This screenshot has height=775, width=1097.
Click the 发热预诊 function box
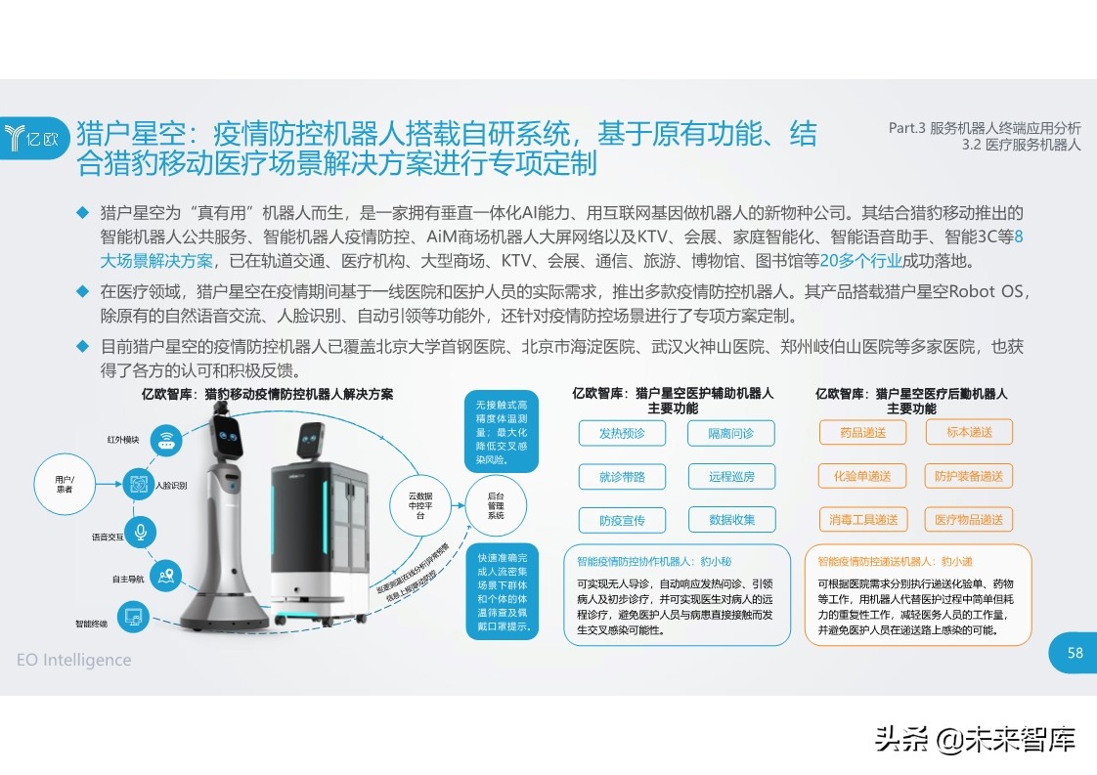point(622,433)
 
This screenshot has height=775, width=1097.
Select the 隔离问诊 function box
point(732,433)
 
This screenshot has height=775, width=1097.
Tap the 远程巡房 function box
point(732,477)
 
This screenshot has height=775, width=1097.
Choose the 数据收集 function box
point(732,520)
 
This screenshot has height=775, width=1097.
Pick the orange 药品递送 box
point(862,432)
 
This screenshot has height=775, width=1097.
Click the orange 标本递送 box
point(968,432)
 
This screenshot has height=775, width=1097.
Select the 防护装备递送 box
point(968,476)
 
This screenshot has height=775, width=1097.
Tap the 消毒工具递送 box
point(862,520)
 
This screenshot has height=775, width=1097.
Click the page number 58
point(1075,653)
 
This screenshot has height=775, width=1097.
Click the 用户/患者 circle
point(64,483)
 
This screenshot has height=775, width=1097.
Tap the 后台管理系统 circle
point(496,504)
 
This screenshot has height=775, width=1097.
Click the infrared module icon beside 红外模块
point(167,439)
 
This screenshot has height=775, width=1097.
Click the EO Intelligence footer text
point(74,660)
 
